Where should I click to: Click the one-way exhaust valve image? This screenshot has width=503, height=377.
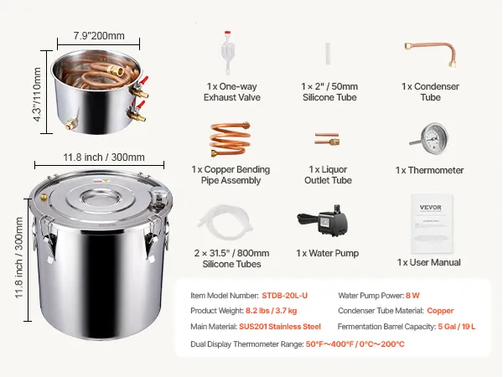[227, 53]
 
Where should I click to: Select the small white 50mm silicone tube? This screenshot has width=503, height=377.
[328, 54]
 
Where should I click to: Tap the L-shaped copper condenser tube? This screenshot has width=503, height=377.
[431, 54]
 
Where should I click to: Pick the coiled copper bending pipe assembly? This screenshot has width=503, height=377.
[230, 139]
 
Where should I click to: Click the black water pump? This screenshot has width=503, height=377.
[323, 221]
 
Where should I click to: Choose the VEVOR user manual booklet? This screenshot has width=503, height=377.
[431, 223]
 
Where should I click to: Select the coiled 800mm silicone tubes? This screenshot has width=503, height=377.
[226, 221]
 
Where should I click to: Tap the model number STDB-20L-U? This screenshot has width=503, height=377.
[284, 296]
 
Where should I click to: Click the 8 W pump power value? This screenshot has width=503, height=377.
[412, 296]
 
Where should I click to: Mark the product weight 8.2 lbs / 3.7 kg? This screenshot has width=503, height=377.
[271, 311]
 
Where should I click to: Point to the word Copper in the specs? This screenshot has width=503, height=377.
[440, 311]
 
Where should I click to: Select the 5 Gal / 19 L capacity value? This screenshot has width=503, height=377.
[457, 327]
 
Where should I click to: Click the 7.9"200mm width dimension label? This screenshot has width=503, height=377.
[99, 35]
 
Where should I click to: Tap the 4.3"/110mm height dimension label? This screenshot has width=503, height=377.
[37, 94]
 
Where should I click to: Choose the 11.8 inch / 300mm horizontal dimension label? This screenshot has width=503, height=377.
[104, 158]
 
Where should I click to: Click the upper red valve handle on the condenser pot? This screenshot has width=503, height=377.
[144, 80]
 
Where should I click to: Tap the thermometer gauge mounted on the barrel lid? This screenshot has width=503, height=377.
[160, 195]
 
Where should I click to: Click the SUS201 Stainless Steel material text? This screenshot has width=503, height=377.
[280, 327]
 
